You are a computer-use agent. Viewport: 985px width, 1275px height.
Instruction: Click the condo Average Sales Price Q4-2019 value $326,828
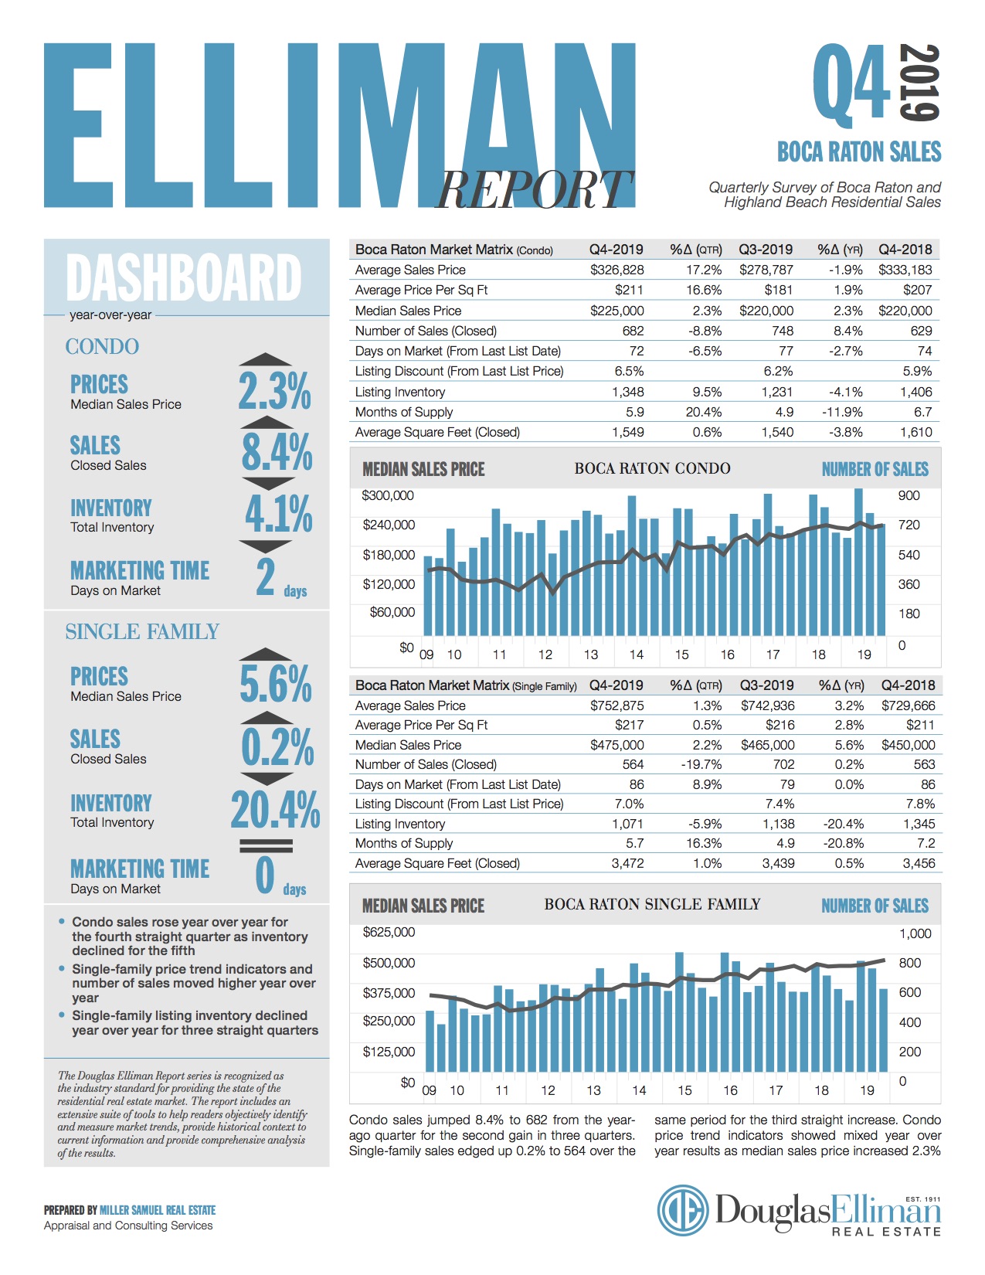(x=616, y=270)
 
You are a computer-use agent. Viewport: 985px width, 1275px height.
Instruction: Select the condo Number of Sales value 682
(x=633, y=331)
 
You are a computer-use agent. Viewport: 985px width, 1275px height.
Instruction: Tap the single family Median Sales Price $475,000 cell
(x=616, y=745)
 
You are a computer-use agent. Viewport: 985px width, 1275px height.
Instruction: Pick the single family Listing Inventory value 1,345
(x=919, y=824)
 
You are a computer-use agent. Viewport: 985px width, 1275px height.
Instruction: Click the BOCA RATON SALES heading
(x=859, y=151)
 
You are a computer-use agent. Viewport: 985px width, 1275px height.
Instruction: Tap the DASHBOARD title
(x=184, y=278)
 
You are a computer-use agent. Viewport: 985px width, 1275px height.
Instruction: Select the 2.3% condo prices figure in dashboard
(x=274, y=391)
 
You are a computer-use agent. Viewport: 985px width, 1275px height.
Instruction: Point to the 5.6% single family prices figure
(x=276, y=684)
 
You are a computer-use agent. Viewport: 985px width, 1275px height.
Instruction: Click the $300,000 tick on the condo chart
(x=388, y=495)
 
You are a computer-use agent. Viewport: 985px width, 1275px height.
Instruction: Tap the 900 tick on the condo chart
(x=909, y=495)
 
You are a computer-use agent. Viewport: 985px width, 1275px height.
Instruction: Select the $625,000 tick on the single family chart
(x=389, y=933)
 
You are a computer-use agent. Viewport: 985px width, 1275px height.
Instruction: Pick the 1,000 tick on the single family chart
(x=915, y=933)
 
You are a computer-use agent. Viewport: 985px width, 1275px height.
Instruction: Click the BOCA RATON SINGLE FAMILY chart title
(x=652, y=904)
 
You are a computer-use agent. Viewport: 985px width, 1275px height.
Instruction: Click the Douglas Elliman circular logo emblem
(x=683, y=1211)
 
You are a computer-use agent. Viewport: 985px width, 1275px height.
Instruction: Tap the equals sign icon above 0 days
(x=266, y=845)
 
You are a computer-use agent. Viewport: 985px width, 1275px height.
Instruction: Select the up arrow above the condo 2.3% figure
(x=266, y=359)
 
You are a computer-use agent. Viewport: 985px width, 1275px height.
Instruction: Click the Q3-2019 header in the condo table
(x=766, y=250)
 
